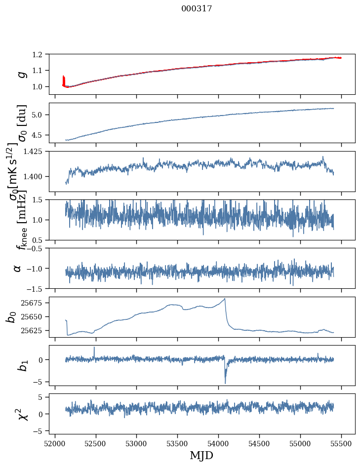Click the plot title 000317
(197, 8)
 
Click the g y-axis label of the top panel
(20, 74)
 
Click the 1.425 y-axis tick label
(36, 152)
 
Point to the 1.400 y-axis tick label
(36, 176)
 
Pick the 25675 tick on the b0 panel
(36, 303)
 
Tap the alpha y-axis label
(18, 268)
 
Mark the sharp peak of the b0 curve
(225, 299)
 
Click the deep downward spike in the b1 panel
(225, 383)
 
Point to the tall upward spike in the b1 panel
(94, 348)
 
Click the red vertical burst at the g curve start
(64, 80)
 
